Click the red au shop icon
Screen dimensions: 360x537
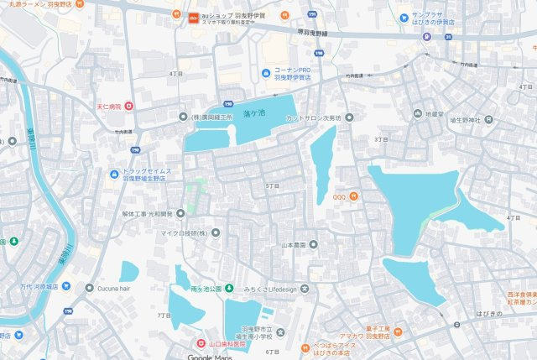pos(194,15)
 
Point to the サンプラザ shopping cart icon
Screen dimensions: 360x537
pos(404,16)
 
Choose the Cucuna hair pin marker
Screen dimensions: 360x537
pos(89,287)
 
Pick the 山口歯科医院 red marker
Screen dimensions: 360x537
pos(200,343)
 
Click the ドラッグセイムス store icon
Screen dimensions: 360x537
pos(115,174)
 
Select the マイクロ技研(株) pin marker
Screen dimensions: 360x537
pos(215,232)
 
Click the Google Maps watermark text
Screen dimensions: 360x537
pos(209,356)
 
